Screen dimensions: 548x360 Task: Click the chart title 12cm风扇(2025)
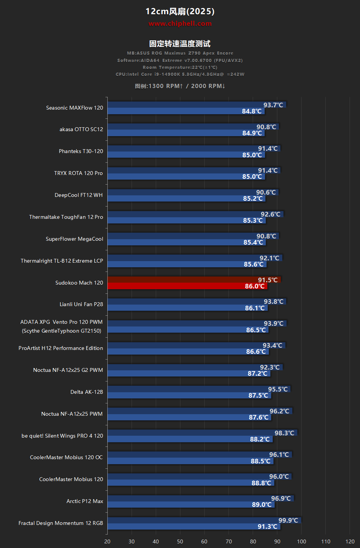pos(180,12)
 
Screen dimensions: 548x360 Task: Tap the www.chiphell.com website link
pos(180,23)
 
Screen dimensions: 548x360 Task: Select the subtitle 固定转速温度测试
pos(180,43)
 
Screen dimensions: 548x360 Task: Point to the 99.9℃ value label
pos(288,520)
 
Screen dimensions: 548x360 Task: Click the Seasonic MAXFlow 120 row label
pos(75,108)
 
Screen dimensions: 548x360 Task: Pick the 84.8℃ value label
pos(252,111)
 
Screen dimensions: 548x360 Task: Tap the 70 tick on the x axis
pos(229,541)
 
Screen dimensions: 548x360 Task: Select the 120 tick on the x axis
pos(350,541)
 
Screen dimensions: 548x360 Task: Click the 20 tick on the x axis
pos(107,541)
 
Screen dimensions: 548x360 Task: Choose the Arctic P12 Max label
pos(85,501)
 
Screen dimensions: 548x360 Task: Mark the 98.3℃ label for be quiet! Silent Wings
pos(284,433)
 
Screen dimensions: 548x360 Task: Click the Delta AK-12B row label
pos(87,392)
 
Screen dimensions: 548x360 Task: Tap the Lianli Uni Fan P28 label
pos(81,304)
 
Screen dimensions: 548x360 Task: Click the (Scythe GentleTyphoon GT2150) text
pos(62,331)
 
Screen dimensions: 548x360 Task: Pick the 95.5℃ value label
pos(278,389)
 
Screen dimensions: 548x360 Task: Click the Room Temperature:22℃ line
pos(180,67)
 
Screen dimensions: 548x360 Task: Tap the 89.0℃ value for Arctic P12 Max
pos(262,505)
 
